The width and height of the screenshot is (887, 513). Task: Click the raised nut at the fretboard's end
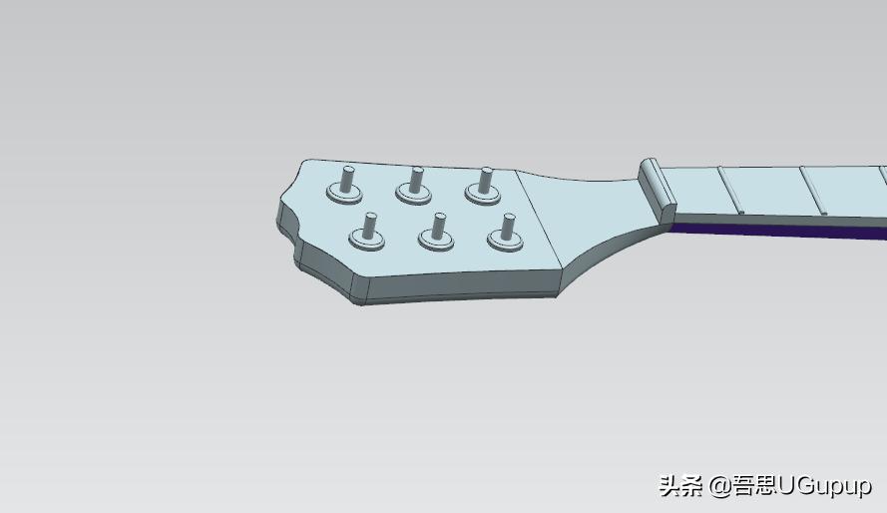659,189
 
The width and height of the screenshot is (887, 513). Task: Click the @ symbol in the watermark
719,486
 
